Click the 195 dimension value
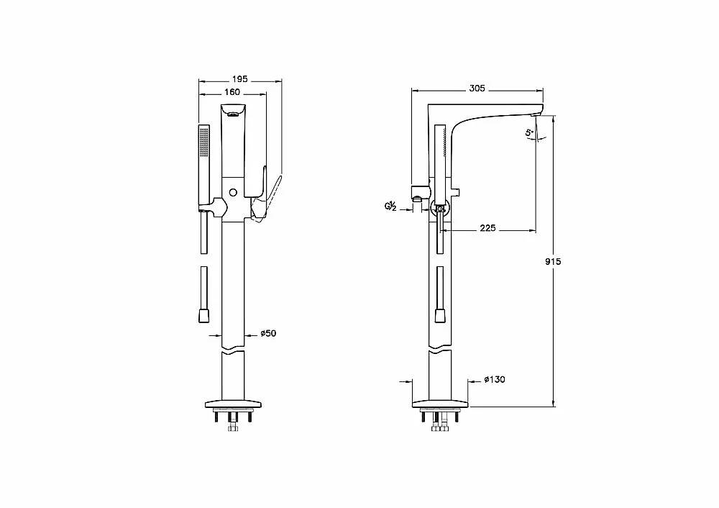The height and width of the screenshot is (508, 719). click(x=240, y=79)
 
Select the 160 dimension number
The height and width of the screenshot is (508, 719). click(x=232, y=92)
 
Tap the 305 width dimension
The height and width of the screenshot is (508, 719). click(x=477, y=88)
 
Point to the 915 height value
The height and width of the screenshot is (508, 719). click(x=553, y=262)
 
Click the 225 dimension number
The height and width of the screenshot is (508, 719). click(x=487, y=228)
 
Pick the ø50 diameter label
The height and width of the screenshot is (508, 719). click(x=268, y=333)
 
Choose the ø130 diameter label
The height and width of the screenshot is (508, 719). click(x=495, y=379)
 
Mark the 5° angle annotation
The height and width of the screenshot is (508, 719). click(x=529, y=133)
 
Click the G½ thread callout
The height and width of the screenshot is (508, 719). click(x=390, y=207)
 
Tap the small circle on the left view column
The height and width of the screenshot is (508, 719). click(x=233, y=192)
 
